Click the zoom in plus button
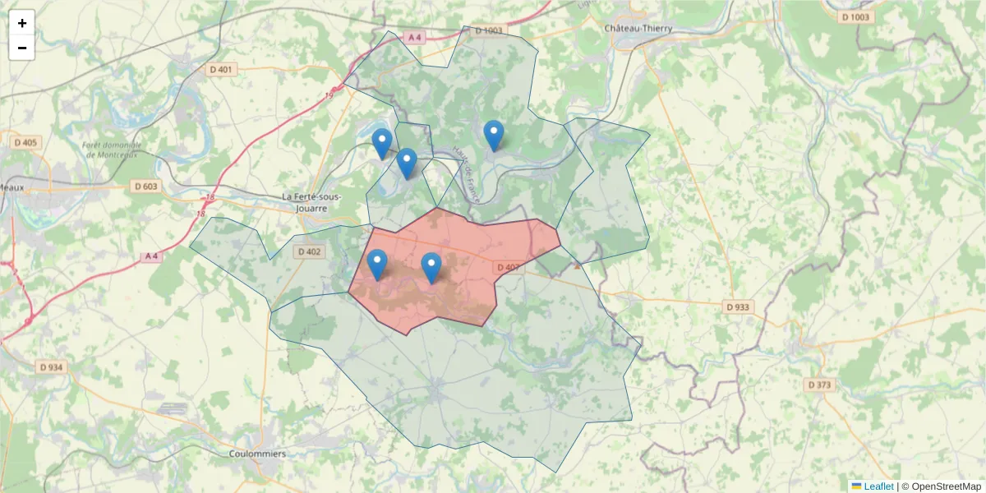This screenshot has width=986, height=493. tap(22, 23)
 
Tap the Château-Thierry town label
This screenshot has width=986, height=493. tap(638, 28)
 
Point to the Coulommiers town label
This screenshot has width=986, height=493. tap(258, 454)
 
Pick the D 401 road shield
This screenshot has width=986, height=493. tap(222, 70)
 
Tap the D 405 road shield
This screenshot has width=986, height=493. tap(25, 142)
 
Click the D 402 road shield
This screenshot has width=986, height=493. tap(309, 251)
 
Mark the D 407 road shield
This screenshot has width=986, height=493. tap(508, 267)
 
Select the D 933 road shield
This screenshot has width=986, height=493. tap(738, 306)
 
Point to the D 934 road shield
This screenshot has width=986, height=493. tap(50, 367)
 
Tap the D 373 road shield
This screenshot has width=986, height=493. tap(819, 385)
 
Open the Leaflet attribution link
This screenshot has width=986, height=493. tap(878, 486)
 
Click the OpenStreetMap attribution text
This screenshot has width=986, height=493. tap(941, 486)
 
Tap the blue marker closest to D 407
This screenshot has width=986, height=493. tap(431, 268)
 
